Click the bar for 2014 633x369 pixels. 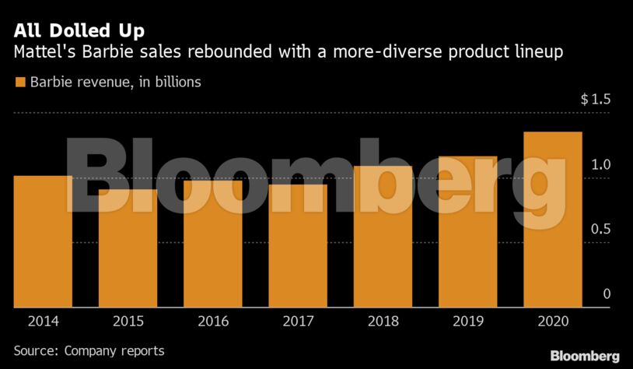[x=43, y=241]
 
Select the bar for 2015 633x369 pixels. [x=128, y=248]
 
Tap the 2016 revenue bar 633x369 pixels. [x=212, y=244]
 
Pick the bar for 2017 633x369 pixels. [x=298, y=245]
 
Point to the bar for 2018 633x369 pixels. [x=383, y=236]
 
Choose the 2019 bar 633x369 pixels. [x=467, y=231]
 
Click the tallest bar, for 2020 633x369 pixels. [x=553, y=219]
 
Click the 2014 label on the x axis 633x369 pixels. [x=43, y=320]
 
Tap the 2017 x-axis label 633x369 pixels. [x=298, y=320]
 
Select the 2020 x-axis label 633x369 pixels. [x=553, y=320]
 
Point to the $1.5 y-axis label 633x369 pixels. [x=596, y=100]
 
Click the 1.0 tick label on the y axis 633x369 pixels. [x=601, y=164]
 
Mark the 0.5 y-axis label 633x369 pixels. [x=601, y=230]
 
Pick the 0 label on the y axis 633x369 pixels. [x=607, y=294]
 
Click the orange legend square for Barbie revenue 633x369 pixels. [x=19, y=82]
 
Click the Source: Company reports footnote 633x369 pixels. [x=89, y=351]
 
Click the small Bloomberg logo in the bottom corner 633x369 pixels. [x=585, y=356]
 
